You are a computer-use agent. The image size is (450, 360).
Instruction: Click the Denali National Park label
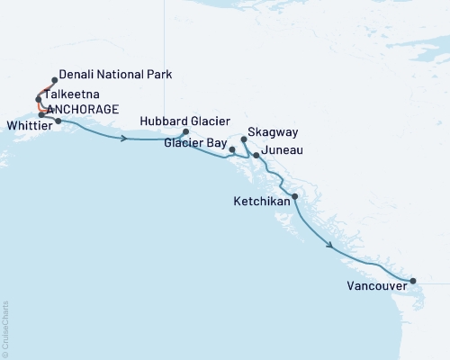(114, 74)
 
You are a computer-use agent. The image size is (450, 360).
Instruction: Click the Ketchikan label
(264, 202)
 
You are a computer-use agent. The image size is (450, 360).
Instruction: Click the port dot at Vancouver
(413, 281)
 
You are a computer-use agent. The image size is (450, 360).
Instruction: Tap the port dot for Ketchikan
(295, 196)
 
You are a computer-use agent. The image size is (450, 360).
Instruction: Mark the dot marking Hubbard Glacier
(185, 132)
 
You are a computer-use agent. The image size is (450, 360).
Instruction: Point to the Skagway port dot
(244, 139)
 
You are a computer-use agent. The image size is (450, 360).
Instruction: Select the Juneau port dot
(256, 156)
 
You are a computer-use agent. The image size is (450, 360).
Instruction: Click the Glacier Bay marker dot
(232, 149)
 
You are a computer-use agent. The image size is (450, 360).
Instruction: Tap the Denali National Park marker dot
(55, 80)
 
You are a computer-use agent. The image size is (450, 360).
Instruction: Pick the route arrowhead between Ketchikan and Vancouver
(331, 245)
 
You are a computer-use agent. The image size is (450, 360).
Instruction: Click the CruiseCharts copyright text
(5, 328)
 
